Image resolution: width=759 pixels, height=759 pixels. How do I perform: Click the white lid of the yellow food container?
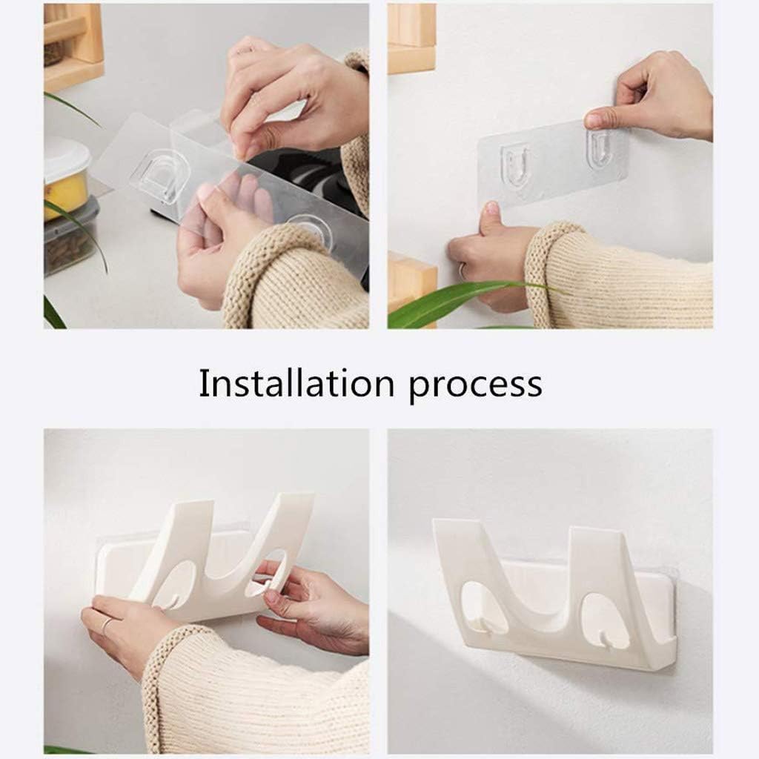point(66,159)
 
